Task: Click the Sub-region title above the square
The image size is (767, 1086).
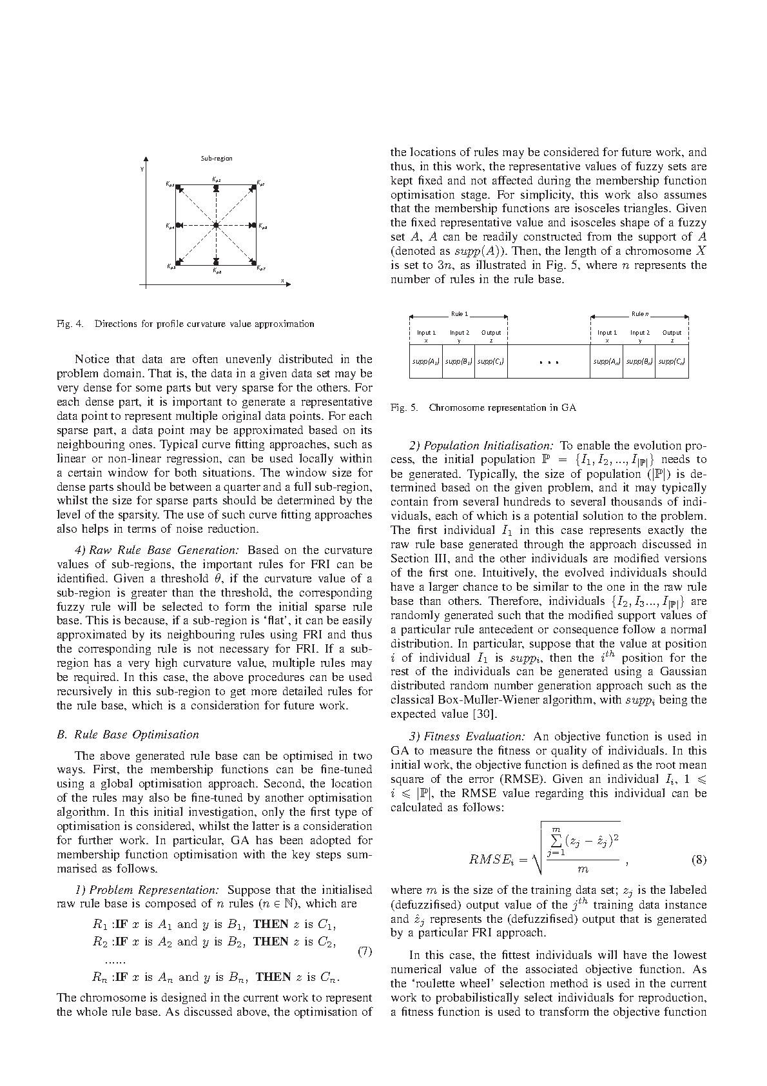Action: pos(217,159)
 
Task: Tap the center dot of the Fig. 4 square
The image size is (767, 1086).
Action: pos(217,224)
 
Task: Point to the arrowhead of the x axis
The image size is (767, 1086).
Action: pos(289,284)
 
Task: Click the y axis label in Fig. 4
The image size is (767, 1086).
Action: pos(142,170)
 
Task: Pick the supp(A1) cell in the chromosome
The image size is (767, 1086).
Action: pos(425,362)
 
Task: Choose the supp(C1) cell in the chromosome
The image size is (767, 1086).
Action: pos(490,362)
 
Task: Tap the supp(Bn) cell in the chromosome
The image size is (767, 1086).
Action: pos(639,362)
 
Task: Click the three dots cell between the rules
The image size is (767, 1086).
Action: pos(548,362)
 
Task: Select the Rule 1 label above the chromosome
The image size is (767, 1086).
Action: pos(459,314)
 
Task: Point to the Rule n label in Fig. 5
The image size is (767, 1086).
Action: pos(639,314)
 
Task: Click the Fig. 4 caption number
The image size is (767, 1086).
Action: pos(70,324)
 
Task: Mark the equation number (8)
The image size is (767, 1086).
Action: pos(698,860)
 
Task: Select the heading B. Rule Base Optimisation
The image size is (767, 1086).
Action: pos(128,735)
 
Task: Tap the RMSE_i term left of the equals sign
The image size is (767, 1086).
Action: pos(489,860)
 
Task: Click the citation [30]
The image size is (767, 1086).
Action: pos(484,714)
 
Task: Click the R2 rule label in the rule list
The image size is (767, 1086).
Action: pos(101,942)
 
